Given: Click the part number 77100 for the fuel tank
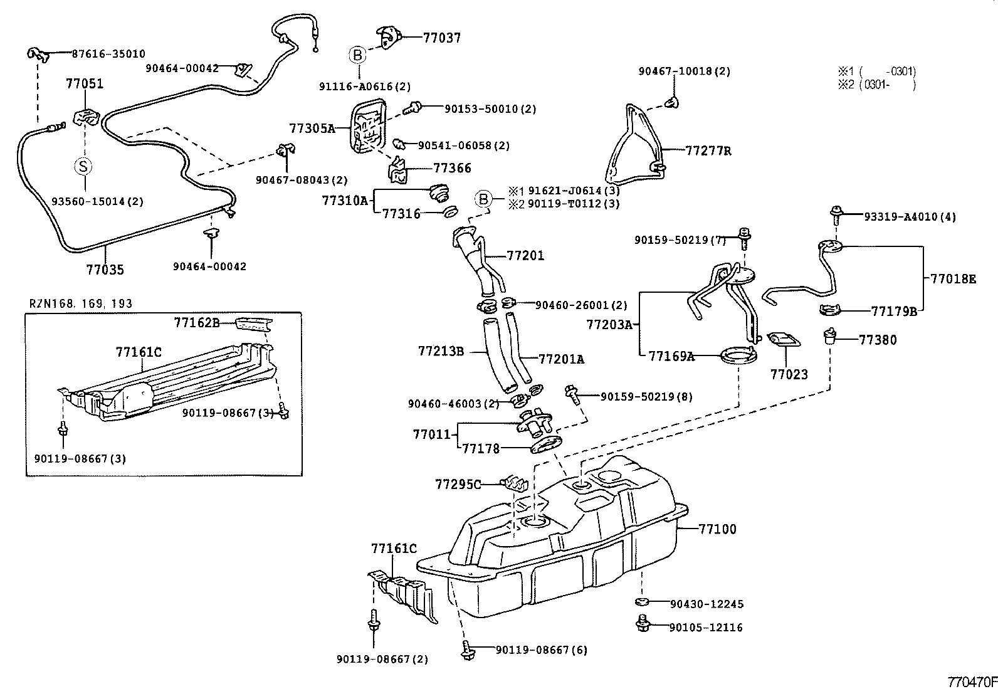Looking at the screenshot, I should pyautogui.click(x=718, y=529).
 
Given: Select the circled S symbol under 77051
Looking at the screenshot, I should pyautogui.click(x=83, y=166).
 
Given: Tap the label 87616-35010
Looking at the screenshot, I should pyautogui.click(x=100, y=54).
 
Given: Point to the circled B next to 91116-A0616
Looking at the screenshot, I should pyautogui.click(x=357, y=55).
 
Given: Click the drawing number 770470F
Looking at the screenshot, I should pyautogui.click(x=971, y=681).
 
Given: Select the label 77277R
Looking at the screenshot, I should pyautogui.click(x=708, y=151).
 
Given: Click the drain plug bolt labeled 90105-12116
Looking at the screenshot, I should pyautogui.click(x=641, y=623).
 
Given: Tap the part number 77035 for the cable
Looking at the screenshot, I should pyautogui.click(x=105, y=270).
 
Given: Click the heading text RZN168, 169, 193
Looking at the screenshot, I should pyautogui.click(x=81, y=304).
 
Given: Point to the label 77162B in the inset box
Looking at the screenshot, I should pyautogui.click(x=197, y=323).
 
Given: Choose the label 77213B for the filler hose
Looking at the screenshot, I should pyautogui.click(x=441, y=351).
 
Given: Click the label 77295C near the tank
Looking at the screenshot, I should pyautogui.click(x=458, y=484).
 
